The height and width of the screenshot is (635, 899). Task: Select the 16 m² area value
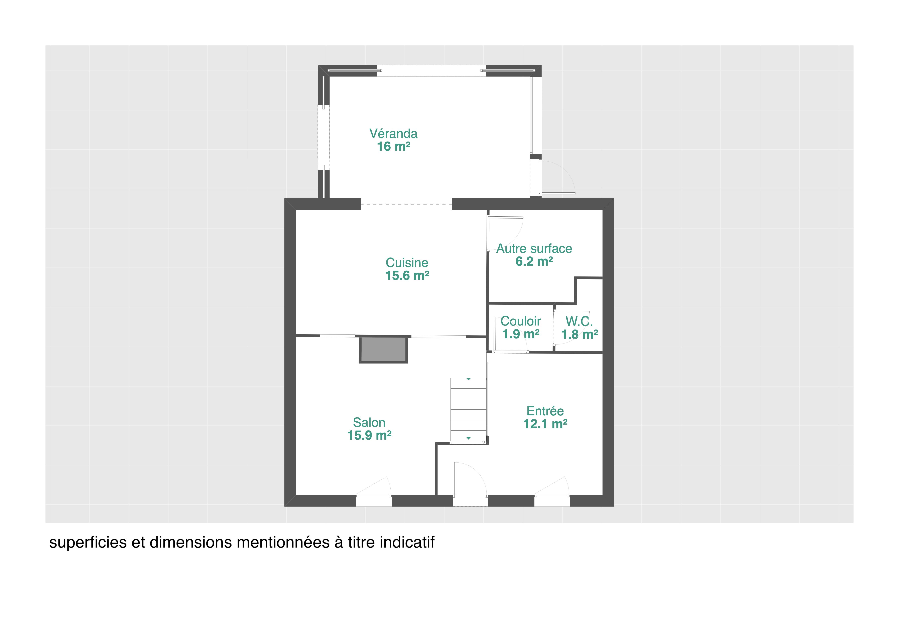click(393, 147)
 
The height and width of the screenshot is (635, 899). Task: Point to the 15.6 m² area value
click(407, 275)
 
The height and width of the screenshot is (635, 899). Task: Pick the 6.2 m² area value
click(534, 261)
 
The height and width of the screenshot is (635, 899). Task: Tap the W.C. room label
click(579, 322)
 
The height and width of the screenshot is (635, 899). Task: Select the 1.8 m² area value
click(580, 335)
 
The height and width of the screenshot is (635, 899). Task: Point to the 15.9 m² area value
click(369, 435)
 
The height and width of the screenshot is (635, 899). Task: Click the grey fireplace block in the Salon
click(383, 349)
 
